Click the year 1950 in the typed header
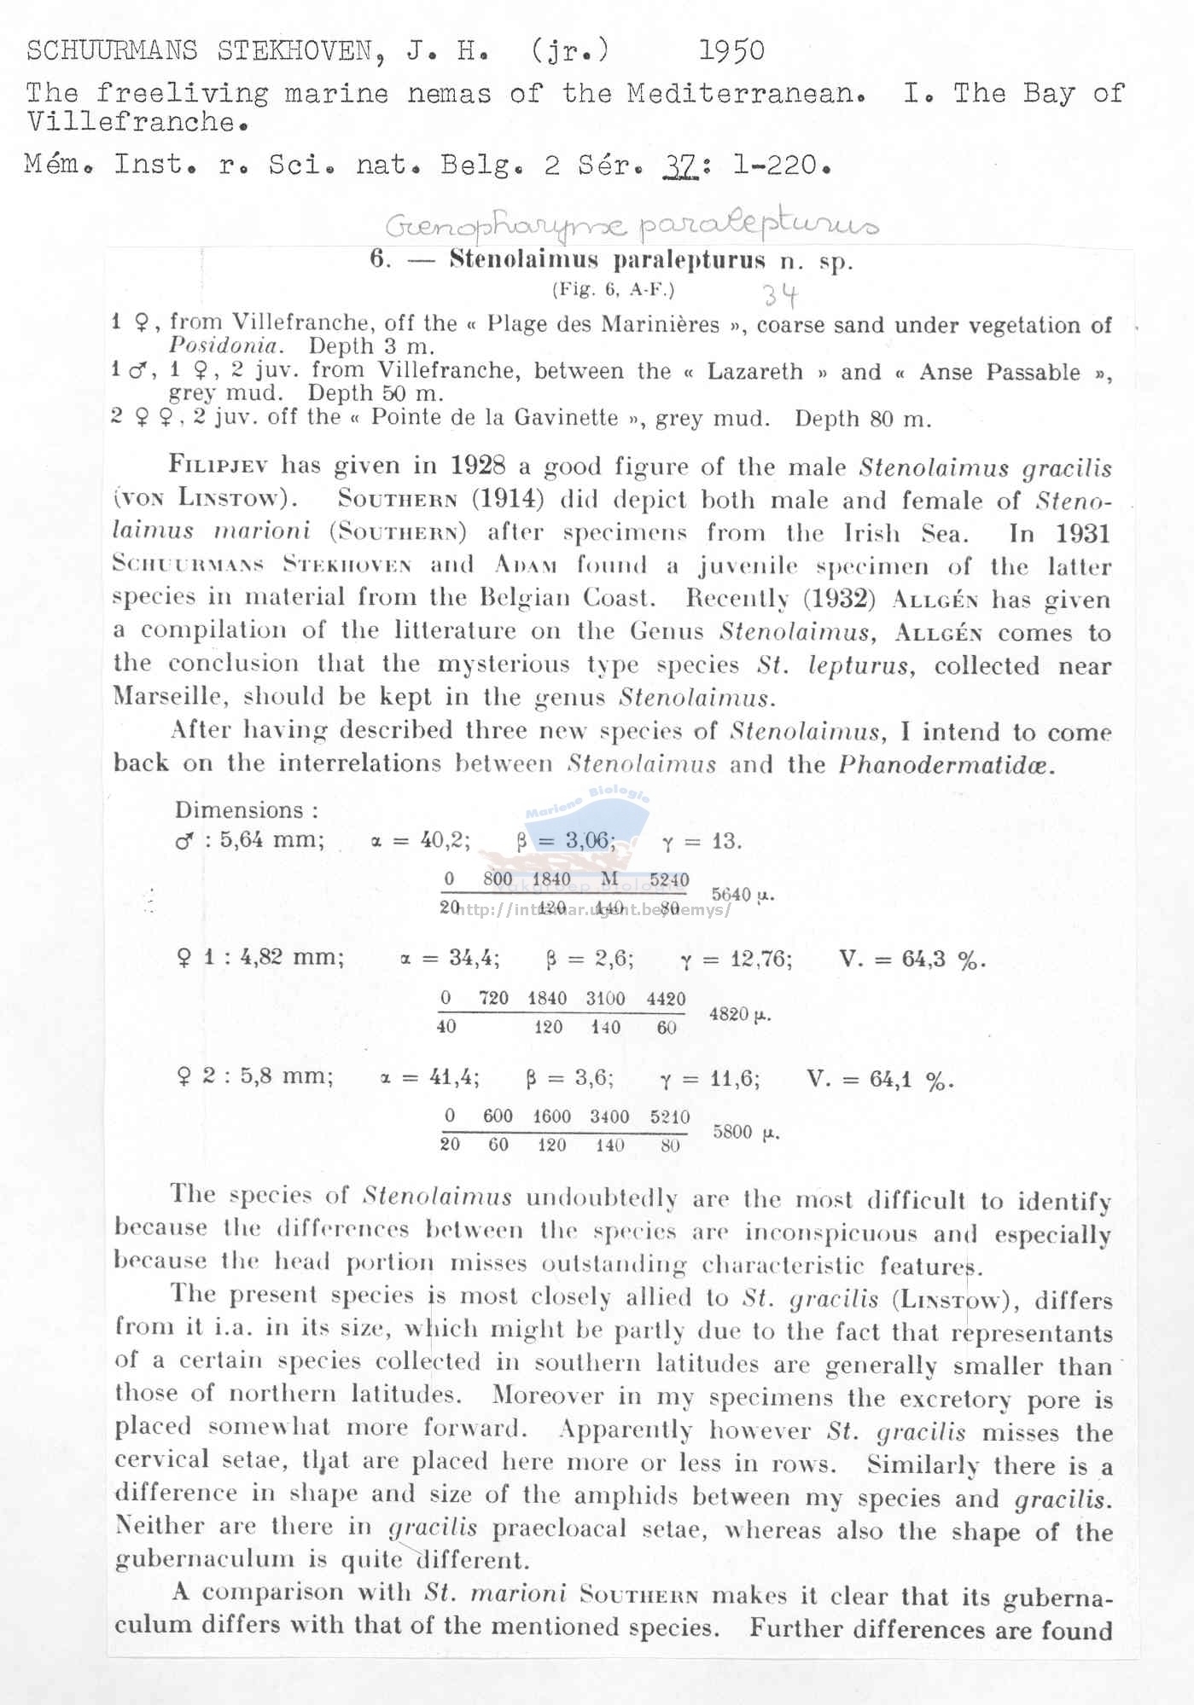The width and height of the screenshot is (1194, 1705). pos(731,51)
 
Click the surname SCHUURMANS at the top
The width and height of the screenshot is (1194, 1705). pos(113,51)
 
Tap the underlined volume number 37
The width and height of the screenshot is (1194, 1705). pos(679,164)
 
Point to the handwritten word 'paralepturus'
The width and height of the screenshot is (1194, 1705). pos(758,225)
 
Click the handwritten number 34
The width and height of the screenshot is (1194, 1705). pos(780,295)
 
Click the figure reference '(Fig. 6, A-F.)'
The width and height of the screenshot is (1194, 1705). pos(613,289)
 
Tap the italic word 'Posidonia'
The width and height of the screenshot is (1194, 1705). pos(224,346)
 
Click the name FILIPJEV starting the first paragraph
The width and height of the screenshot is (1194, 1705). pos(218,466)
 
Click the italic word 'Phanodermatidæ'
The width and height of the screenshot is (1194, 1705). pos(946,763)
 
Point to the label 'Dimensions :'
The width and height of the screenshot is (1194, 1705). pos(247,809)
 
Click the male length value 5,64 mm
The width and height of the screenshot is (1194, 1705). pos(271,840)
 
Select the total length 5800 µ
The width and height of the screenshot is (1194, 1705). pos(745,1132)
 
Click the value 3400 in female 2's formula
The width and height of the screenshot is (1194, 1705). pos(609,1116)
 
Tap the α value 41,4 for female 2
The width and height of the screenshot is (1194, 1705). pos(454,1078)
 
